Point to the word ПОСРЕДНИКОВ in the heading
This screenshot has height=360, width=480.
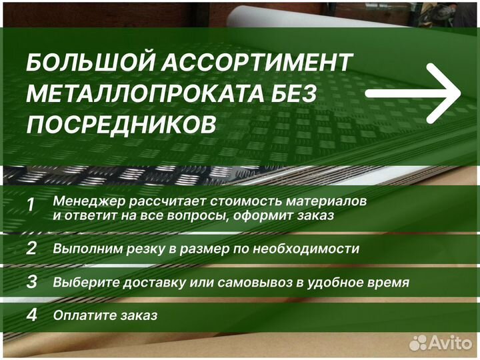coord(121,125)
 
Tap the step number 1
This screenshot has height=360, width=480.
coord(31,205)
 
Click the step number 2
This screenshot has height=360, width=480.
coord(31,249)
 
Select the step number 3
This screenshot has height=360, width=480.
coord(31,281)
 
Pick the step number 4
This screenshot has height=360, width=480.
coord(31,315)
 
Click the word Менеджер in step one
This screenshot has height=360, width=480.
coord(87,200)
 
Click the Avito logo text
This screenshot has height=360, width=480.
coord(450,342)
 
